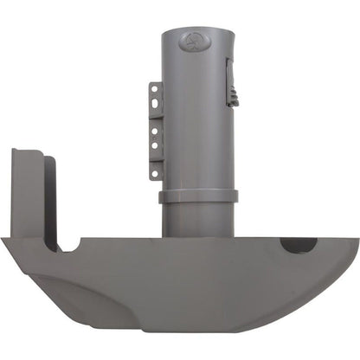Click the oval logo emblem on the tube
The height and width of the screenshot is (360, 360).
coord(192,40)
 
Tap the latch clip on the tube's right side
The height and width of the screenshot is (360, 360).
coord(230,81)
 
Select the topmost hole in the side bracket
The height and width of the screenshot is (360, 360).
coord(154,90)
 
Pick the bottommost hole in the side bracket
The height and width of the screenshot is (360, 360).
coord(154,172)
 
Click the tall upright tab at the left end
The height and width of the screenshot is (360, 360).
coord(28,195)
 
